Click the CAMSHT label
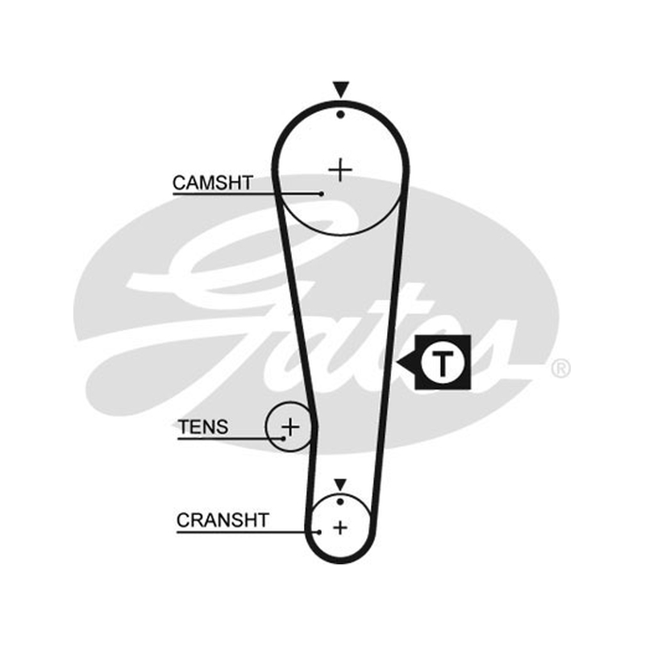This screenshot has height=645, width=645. click(x=213, y=183)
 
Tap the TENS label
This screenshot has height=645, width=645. click(x=203, y=427)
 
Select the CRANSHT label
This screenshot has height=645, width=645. click(x=223, y=520)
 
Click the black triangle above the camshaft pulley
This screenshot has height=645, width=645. click(x=341, y=89)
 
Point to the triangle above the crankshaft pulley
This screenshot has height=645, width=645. click(x=340, y=485)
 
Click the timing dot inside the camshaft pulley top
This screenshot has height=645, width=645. click(x=340, y=114)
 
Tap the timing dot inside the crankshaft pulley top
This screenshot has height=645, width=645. click(x=340, y=501)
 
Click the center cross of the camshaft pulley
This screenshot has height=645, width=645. click(x=340, y=170)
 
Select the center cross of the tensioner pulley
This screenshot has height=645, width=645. click(x=291, y=427)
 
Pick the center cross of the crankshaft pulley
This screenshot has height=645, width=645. click(x=340, y=528)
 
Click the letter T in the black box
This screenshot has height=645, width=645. click(x=443, y=364)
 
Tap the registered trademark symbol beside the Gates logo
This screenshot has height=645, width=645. click(x=560, y=368)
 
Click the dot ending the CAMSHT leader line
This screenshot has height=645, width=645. click(x=321, y=193)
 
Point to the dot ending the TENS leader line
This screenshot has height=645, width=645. click(x=284, y=439)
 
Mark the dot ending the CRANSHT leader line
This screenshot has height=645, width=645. click(x=319, y=532)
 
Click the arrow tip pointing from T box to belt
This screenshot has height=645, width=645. click(x=397, y=363)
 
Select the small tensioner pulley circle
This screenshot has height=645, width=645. click(x=268, y=427)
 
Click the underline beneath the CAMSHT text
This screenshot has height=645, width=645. click(x=247, y=193)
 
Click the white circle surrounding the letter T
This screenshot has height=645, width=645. click(x=443, y=344)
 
